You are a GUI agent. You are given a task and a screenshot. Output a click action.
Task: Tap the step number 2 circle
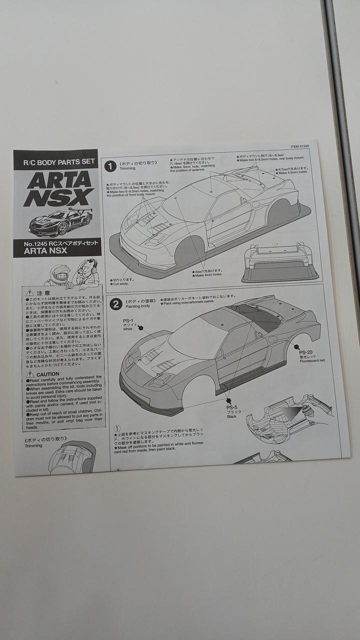click(116, 304)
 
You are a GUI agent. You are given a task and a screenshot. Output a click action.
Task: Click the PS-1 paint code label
click(128, 320)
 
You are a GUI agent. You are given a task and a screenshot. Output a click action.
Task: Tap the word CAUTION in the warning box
click(48, 374)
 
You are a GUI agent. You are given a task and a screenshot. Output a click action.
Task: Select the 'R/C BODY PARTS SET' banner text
click(55, 160)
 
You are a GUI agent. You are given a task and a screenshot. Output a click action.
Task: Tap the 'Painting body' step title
click(137, 306)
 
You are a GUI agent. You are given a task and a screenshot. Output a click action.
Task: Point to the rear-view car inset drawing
click(280, 263)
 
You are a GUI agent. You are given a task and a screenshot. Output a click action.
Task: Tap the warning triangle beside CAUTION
click(30, 374)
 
